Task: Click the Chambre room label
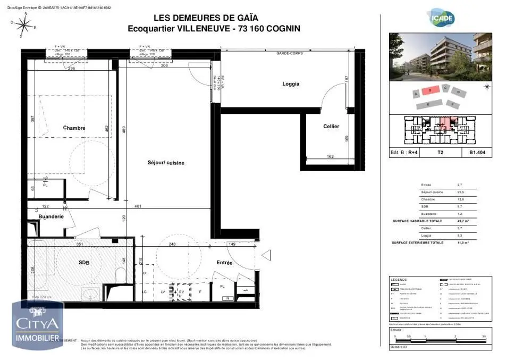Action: point(74,128)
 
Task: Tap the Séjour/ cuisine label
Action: point(166,163)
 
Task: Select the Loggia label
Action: point(291,84)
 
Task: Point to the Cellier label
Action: point(331,126)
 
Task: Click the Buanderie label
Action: point(51,216)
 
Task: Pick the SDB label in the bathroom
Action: point(83,263)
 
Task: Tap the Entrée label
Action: point(224,263)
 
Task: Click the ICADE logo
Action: point(442,18)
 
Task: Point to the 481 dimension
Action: point(137,206)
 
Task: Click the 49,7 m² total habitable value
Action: point(461,221)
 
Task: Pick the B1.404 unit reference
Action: point(477,152)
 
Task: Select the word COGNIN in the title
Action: point(280,29)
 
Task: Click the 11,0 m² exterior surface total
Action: point(461,242)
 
